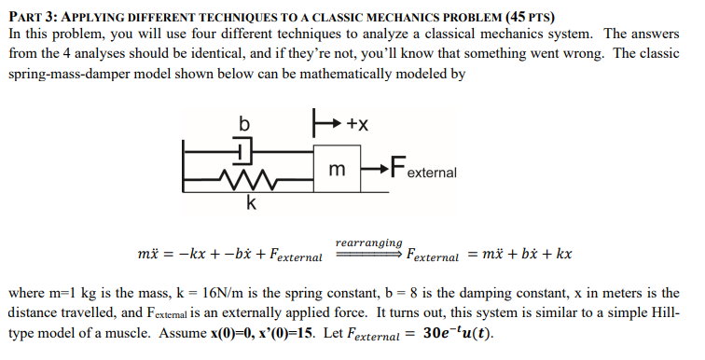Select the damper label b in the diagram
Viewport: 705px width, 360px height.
point(245,123)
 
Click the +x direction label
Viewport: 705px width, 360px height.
point(357,124)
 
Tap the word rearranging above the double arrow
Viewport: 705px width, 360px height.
point(369,242)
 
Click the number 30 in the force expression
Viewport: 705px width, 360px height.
point(434,333)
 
